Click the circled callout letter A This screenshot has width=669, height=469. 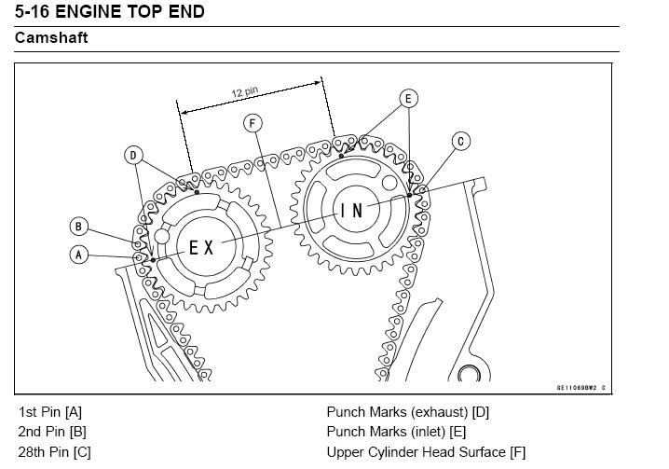coord(79,253)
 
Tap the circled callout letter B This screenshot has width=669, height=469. coord(79,226)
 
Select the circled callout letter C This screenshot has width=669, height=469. coord(460,142)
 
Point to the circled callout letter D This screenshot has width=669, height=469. coord(134,155)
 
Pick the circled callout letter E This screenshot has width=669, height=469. coord(407,98)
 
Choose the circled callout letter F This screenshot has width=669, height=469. coord(252,122)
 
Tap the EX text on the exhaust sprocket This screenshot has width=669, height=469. coord(201,247)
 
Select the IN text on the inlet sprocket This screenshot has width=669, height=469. coord(352,211)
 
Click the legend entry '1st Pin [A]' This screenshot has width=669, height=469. coord(50,411)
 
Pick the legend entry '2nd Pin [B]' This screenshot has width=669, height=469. coord(52,432)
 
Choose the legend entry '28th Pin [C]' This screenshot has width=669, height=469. coord(55,452)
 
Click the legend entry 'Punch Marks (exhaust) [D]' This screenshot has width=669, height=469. coord(407,411)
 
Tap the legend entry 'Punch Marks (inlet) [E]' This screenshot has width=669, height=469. coord(396,432)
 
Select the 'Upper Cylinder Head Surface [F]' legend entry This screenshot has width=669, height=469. coord(426,452)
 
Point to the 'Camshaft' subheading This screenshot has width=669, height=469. coord(51,39)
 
